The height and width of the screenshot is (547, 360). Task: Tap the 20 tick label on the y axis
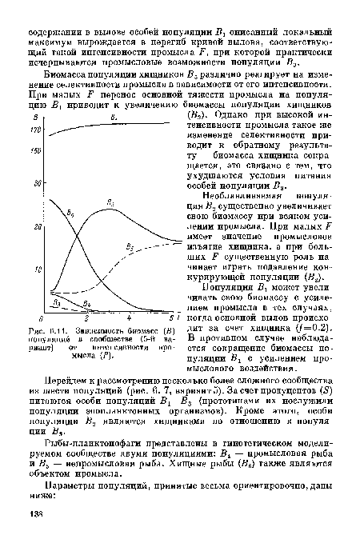(x=38, y=229)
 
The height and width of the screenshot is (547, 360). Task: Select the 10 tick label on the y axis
(x=38, y=270)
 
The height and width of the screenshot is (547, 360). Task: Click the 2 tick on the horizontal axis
(x=83, y=320)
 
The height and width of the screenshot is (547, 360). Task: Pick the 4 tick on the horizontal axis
(x=129, y=320)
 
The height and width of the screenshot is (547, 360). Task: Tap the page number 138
(x=34, y=536)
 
